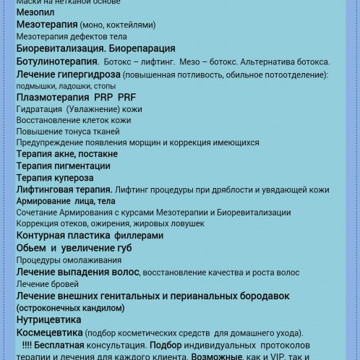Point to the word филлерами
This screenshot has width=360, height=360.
pyautogui.click(x=135, y=236)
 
